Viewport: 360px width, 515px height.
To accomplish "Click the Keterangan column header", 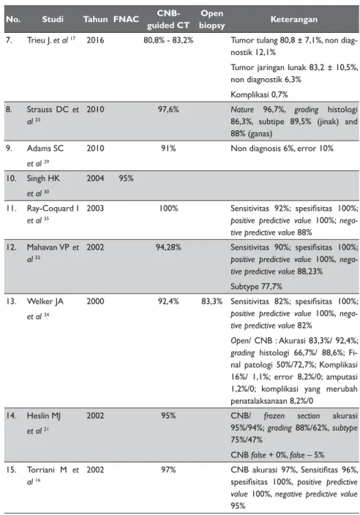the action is click(294, 19).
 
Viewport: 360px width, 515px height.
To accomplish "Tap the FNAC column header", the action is click(126, 19).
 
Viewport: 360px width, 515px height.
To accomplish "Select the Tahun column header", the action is click(95, 19).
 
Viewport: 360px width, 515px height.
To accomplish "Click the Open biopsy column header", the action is click(212, 19).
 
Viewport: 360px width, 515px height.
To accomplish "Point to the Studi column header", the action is click(53, 19).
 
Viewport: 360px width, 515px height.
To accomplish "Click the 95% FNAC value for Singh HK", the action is click(126, 178).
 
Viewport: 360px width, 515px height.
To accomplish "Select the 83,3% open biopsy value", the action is click(212, 301).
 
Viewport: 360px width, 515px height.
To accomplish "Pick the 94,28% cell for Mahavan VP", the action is click(168, 247).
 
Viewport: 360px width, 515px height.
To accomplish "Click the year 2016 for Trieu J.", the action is click(95, 40).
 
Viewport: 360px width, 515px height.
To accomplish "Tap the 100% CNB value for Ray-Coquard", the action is click(168, 208).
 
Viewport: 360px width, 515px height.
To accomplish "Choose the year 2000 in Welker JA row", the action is click(95, 301).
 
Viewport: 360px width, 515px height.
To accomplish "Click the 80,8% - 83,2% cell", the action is click(168, 40).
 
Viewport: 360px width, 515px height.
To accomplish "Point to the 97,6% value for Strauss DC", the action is click(168, 110).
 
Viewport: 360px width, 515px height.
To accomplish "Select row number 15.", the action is click(11, 470).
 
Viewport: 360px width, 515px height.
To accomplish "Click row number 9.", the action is click(10, 148).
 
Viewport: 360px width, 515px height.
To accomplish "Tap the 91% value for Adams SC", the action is click(168, 148).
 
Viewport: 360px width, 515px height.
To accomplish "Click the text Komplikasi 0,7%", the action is click(259, 94).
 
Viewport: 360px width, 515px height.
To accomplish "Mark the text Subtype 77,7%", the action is click(256, 287).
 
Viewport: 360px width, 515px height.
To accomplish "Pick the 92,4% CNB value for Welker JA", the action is click(168, 301).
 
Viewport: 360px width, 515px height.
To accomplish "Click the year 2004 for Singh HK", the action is click(95, 178).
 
